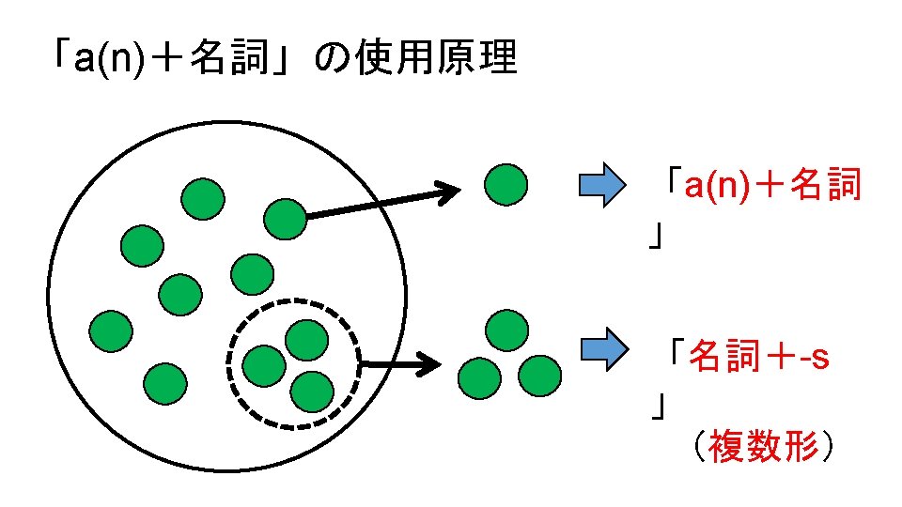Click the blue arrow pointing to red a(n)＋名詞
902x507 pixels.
[x=601, y=185]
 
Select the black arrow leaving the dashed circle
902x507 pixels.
[x=400, y=363]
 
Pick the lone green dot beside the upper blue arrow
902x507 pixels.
[x=505, y=184]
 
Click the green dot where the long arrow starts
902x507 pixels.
[x=285, y=219]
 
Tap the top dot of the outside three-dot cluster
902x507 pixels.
[x=507, y=330]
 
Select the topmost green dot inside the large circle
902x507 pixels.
[x=203, y=198]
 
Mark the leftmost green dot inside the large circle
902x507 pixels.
[x=111, y=330]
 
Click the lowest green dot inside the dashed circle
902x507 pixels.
[x=312, y=390]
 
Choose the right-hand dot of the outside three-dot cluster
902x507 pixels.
[x=539, y=376]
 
